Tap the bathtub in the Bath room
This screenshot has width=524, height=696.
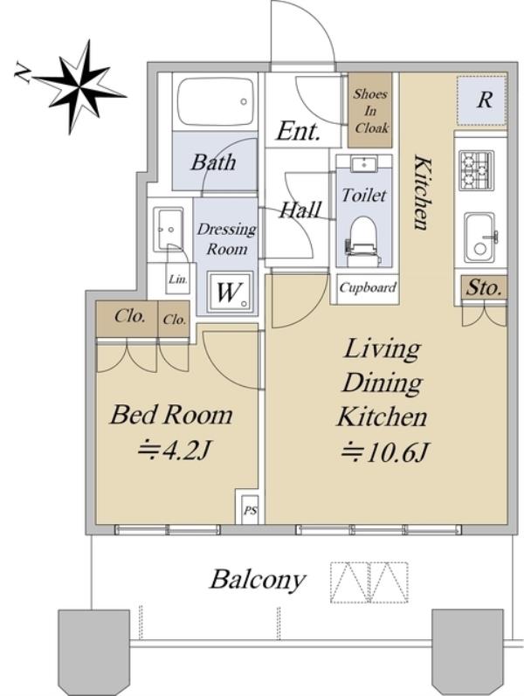coord(217,102)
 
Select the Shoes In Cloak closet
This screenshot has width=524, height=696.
coord(370,110)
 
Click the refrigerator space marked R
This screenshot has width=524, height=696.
coord(481,100)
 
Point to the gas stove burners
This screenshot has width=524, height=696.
coord(476,171)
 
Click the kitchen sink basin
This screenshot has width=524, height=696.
coord(479,238)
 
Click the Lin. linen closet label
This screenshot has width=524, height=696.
coord(177,279)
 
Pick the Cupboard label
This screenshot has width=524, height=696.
coord(368,287)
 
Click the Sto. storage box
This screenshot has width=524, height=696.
coord(484,288)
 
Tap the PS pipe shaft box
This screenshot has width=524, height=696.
coord(250,511)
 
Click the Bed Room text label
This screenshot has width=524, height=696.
coord(171,415)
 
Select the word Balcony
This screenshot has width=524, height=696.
coord(258,580)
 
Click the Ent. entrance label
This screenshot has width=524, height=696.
coord(298,131)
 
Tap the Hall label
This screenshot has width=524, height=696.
coord(300,210)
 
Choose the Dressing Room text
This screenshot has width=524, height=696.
coord(227,238)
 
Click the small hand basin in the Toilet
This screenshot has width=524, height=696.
coord(364,164)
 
